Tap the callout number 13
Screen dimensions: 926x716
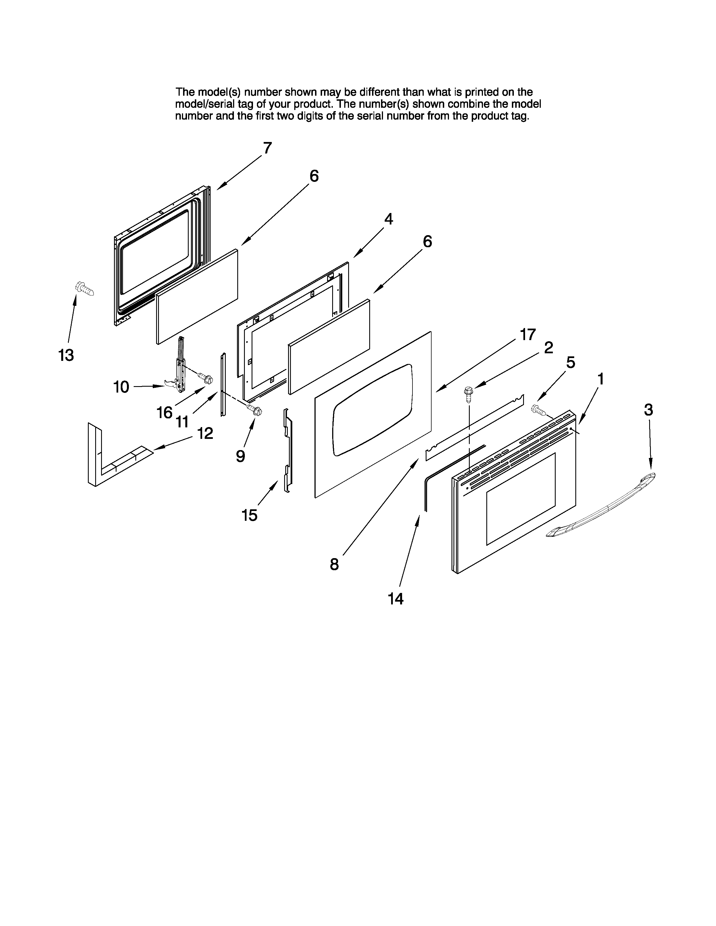(x=66, y=355)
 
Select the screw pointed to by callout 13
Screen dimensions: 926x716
(x=85, y=289)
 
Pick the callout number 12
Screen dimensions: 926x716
(x=205, y=433)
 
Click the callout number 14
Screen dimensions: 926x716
(x=395, y=599)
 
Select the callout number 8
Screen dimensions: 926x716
(x=334, y=564)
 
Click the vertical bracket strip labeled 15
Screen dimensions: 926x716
(x=288, y=450)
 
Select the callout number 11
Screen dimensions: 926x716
(x=182, y=421)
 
